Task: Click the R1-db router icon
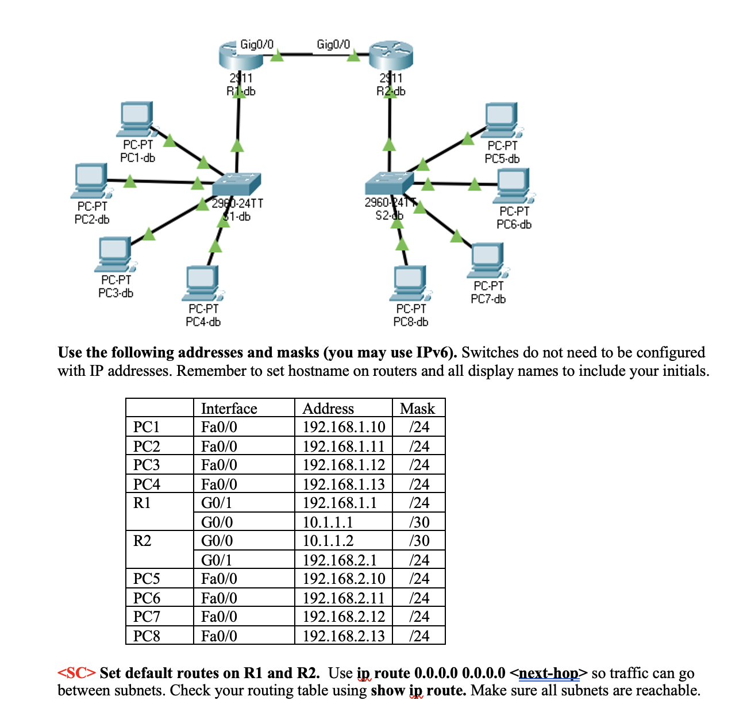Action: pos(240,56)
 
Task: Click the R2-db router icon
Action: pos(391,56)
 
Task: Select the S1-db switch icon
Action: pos(236,184)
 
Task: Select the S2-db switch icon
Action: pos(389,184)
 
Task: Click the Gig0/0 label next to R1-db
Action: pos(256,44)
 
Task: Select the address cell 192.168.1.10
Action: pos(344,427)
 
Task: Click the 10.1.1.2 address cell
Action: pos(328,541)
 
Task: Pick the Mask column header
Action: pos(418,409)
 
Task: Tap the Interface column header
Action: pos(229,409)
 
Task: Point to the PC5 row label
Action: pos(147,579)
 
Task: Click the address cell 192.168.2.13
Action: pos(344,636)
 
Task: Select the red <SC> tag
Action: pos(76,673)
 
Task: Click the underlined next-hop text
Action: pos(549,673)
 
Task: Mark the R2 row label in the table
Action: pos(143,541)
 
